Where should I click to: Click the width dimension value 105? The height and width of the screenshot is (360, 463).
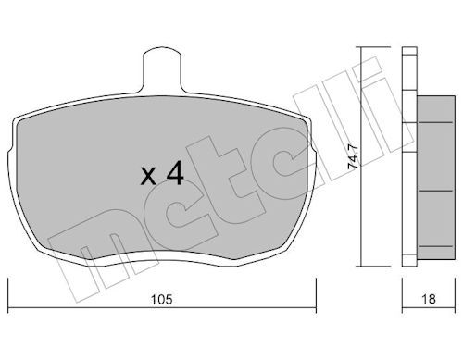pyautogui.click(x=161, y=299)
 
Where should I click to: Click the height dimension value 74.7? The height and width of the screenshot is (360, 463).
pyautogui.click(x=353, y=156)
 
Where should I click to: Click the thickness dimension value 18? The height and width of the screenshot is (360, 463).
pyautogui.click(x=429, y=299)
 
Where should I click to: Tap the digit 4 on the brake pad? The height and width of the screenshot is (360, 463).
pyautogui.click(x=175, y=174)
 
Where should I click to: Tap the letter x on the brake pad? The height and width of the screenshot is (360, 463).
pyautogui.click(x=148, y=178)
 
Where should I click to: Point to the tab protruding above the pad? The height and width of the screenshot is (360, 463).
pyautogui.click(x=162, y=69)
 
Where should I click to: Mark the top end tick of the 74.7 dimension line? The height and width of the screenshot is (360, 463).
pyautogui.click(x=373, y=47)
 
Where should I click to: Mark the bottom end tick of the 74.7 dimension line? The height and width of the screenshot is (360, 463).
pyautogui.click(x=373, y=266)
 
